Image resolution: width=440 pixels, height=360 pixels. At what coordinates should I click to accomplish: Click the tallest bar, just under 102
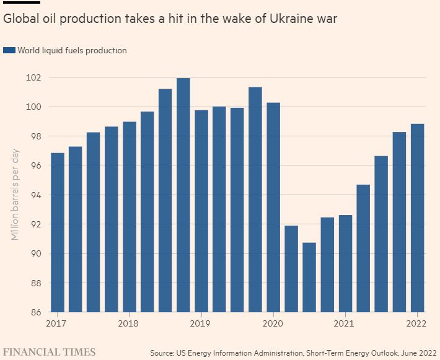[x=183, y=195]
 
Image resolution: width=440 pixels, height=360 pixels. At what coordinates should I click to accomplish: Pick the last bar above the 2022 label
[x=417, y=217]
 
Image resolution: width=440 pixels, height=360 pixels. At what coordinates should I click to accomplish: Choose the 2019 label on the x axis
[x=200, y=323]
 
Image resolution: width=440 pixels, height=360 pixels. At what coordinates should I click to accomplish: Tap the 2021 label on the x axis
[x=344, y=323]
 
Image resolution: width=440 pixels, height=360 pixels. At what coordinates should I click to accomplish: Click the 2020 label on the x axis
[x=272, y=323]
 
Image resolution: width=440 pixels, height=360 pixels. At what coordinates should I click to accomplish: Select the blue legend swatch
[x=9, y=51]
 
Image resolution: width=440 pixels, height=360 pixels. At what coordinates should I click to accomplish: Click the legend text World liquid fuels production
[x=72, y=51]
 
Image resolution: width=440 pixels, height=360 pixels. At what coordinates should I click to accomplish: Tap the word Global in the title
[x=20, y=19]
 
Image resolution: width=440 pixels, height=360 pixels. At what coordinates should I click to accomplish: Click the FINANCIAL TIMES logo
[x=50, y=352]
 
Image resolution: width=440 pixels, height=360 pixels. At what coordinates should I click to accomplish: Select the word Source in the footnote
[x=164, y=353]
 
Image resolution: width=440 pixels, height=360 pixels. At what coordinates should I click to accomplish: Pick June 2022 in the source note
[x=413, y=353]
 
